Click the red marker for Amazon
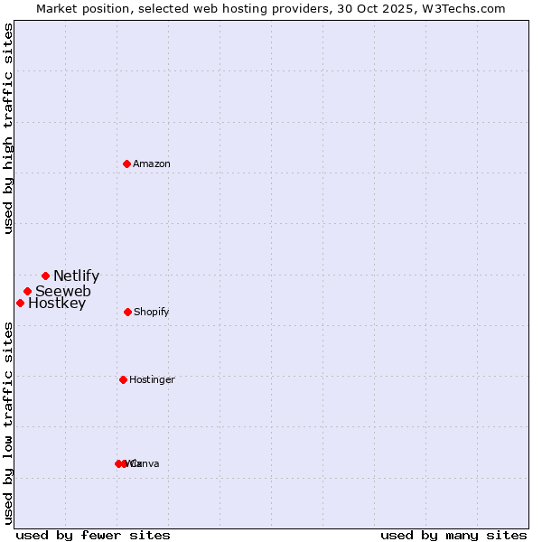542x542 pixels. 127,164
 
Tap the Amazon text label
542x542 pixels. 152,164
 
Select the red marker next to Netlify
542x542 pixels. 45,276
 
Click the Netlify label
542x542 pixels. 76,276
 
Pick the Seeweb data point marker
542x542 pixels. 28,291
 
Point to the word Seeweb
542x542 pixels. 62,291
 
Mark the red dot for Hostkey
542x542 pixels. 20,303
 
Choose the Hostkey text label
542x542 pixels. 57,304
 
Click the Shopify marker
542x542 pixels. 127,312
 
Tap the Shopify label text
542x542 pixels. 152,313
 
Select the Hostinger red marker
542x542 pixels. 123,379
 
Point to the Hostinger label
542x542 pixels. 152,380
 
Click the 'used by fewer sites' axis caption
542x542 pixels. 93,535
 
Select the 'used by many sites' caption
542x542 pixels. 453,535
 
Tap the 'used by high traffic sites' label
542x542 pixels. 9,128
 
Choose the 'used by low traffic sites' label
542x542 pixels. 9,422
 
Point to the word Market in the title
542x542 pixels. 57,8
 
